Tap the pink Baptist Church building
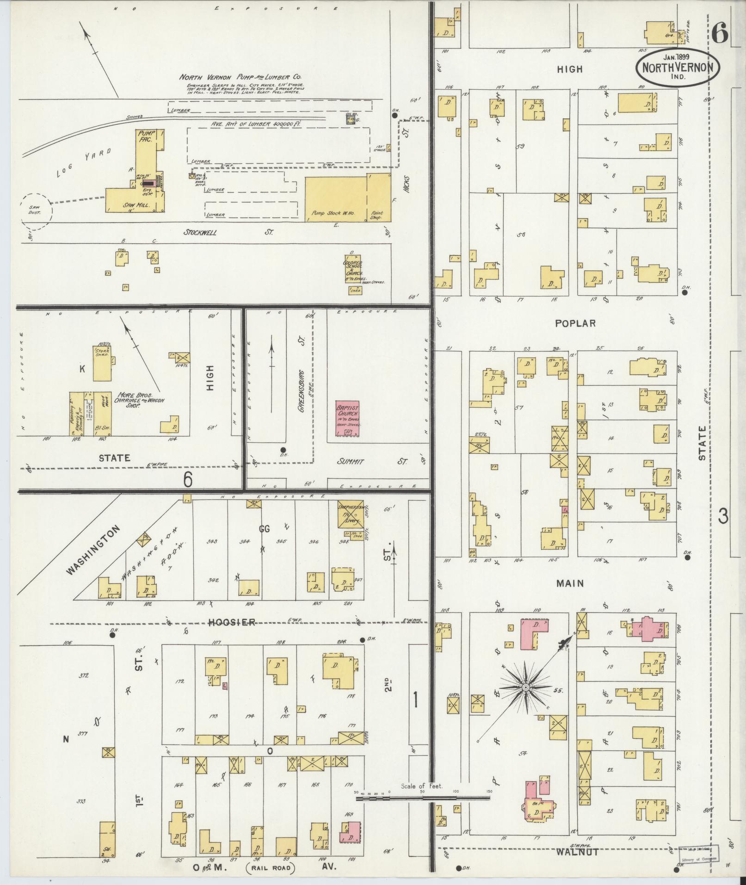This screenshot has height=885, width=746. pyautogui.click(x=347, y=418)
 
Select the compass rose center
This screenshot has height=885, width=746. pyautogui.click(x=526, y=688)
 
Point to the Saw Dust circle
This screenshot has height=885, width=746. pyautogui.click(x=36, y=211)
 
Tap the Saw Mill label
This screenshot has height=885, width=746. pyautogui.click(x=135, y=205)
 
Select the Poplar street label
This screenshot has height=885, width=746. pyautogui.click(x=575, y=323)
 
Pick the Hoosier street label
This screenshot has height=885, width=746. pyautogui.click(x=231, y=622)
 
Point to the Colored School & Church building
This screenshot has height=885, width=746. pyautogui.click(x=354, y=268)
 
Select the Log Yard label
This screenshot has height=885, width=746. pyautogui.click(x=85, y=162)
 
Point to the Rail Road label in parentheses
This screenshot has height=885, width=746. pyautogui.click(x=272, y=867)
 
